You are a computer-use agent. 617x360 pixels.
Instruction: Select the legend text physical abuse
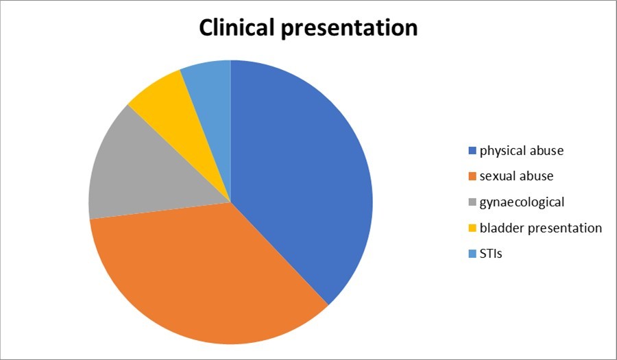(522, 150)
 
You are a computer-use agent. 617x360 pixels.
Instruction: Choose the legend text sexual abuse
(516, 176)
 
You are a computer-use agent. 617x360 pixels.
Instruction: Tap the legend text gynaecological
(522, 202)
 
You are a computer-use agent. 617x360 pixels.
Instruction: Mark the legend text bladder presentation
(540, 228)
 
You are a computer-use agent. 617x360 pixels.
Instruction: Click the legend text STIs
(492, 254)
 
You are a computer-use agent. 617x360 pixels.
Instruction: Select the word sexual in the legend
(496, 176)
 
